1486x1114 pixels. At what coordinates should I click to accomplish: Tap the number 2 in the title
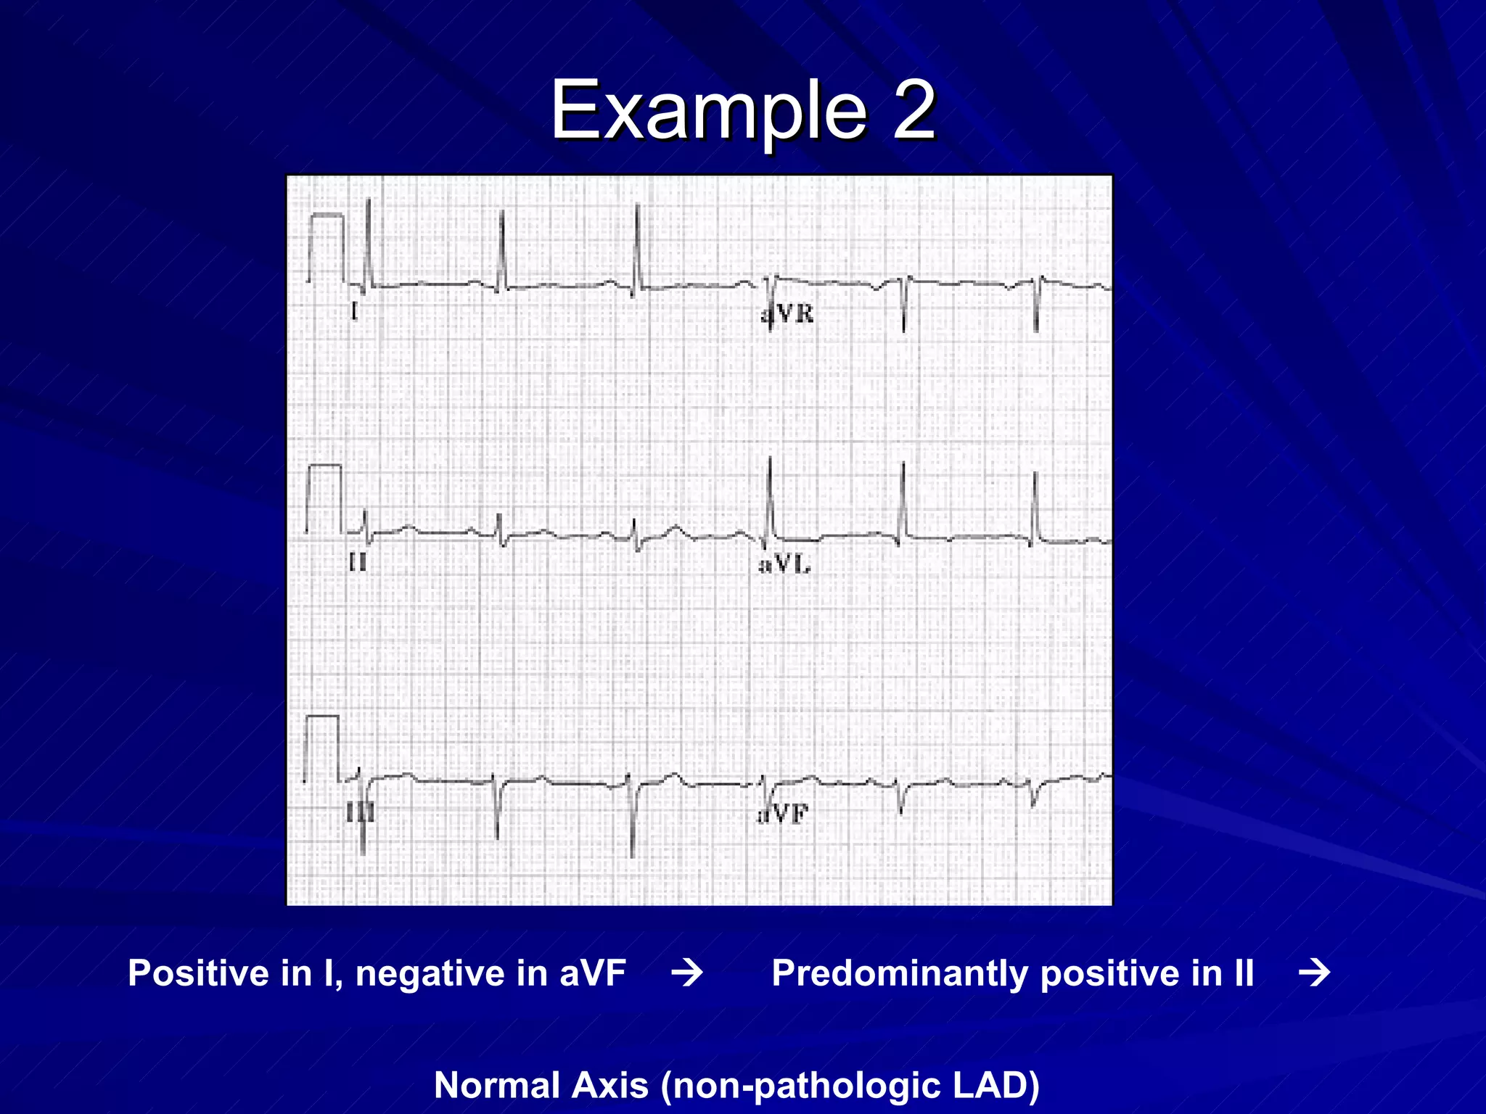913,111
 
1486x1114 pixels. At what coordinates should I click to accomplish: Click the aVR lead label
788,314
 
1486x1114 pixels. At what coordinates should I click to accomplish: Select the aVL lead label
784,564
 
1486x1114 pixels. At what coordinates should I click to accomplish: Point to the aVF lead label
783,814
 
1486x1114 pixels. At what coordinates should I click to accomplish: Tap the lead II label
358,562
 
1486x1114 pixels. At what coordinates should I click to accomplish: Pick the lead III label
361,813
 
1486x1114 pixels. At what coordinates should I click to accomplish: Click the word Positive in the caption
198,973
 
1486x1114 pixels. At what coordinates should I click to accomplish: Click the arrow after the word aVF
686,973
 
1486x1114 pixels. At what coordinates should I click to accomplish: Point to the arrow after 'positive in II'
1314,973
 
